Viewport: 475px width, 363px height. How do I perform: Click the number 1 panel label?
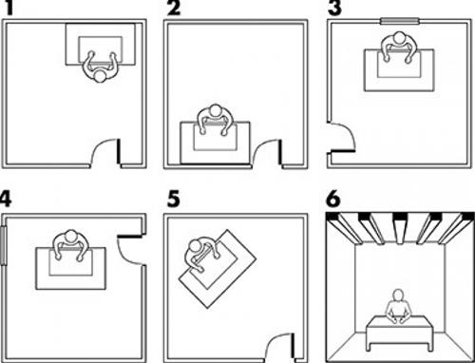(x=9, y=8)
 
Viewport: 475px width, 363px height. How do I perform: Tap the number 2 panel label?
(x=174, y=8)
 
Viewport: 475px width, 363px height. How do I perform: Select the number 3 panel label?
(x=334, y=8)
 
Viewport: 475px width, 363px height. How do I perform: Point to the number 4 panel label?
(x=6, y=199)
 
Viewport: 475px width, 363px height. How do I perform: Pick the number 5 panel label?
(x=174, y=199)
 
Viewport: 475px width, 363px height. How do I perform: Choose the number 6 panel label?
(x=333, y=199)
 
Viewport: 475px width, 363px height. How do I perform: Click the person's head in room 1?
(x=101, y=77)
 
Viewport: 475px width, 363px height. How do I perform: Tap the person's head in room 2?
(x=216, y=110)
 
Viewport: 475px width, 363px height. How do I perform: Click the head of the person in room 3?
(x=399, y=37)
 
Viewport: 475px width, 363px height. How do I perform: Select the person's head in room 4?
(x=71, y=237)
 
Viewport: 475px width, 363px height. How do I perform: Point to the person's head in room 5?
(x=194, y=245)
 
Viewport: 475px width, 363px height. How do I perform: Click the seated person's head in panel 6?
(x=398, y=296)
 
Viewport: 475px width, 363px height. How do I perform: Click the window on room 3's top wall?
(x=400, y=22)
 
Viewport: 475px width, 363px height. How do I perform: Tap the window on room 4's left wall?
(x=4, y=245)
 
